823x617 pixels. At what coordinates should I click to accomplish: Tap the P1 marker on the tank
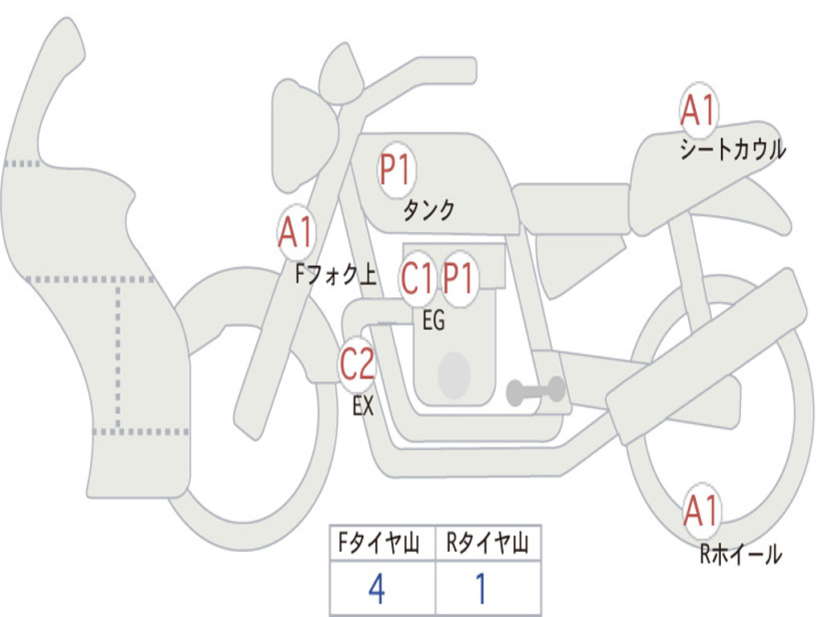(x=395, y=170)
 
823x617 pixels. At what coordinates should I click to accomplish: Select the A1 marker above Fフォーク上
(x=296, y=233)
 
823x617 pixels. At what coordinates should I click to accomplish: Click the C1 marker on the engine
(x=418, y=280)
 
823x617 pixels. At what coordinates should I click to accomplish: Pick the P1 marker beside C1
(x=459, y=280)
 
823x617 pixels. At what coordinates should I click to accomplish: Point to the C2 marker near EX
(x=357, y=366)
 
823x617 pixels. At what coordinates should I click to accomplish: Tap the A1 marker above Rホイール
(x=701, y=512)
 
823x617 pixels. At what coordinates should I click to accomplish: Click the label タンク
(x=428, y=210)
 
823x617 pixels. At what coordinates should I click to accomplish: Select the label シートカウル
(x=732, y=150)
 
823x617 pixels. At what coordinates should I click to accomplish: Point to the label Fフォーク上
(x=335, y=276)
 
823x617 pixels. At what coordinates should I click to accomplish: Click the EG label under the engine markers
(x=433, y=321)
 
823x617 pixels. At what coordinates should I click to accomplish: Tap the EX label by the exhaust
(x=363, y=407)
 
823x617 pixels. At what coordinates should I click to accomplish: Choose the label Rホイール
(x=740, y=554)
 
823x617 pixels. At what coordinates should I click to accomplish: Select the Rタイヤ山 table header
(x=487, y=545)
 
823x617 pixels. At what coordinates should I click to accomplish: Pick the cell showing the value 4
(x=377, y=590)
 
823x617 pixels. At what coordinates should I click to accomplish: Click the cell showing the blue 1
(x=481, y=590)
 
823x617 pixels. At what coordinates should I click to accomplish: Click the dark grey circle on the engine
(x=453, y=375)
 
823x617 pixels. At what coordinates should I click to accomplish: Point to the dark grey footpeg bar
(x=535, y=391)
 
